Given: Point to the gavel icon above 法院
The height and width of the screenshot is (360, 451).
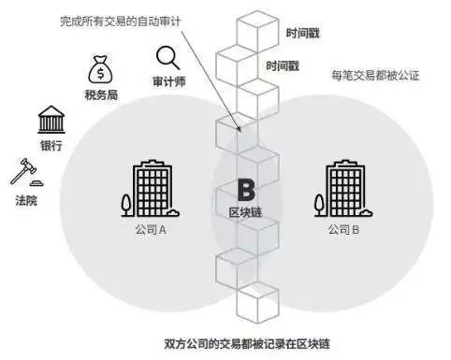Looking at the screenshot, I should click(x=22, y=173).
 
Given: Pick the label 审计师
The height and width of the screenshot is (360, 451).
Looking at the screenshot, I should click(x=168, y=81).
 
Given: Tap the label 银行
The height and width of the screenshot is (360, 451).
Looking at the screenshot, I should click(x=51, y=147).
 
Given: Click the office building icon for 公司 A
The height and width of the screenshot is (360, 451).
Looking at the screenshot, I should click(x=149, y=187).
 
